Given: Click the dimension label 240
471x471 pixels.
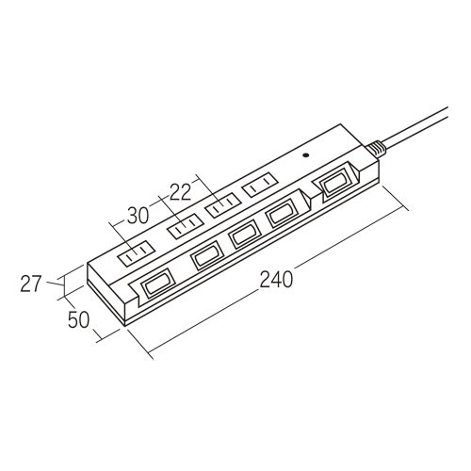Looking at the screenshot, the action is pyautogui.click(x=276, y=280).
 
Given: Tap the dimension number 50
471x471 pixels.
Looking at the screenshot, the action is pyautogui.click(x=79, y=319).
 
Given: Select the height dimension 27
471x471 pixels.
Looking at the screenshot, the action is pyautogui.click(x=31, y=284).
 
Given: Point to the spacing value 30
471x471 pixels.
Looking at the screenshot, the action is pyautogui.click(x=138, y=216).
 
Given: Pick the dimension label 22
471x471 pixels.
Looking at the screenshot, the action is pyautogui.click(x=181, y=192).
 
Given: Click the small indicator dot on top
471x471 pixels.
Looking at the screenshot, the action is pyautogui.click(x=305, y=154).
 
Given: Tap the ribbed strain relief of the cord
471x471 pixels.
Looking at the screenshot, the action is pyautogui.click(x=375, y=149).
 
